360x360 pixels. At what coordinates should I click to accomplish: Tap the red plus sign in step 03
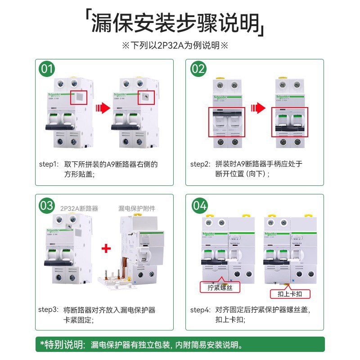[x=106, y=249]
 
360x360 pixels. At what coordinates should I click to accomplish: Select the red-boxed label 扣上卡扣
[x=290, y=294]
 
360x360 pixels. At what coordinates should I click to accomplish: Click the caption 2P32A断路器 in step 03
[x=79, y=208]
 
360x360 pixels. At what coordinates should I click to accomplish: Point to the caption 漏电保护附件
[x=137, y=208]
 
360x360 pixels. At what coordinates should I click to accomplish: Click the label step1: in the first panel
[x=48, y=164]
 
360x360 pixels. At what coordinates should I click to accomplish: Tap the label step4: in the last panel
[x=200, y=310]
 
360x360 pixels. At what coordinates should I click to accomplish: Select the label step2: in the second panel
[x=200, y=164]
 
